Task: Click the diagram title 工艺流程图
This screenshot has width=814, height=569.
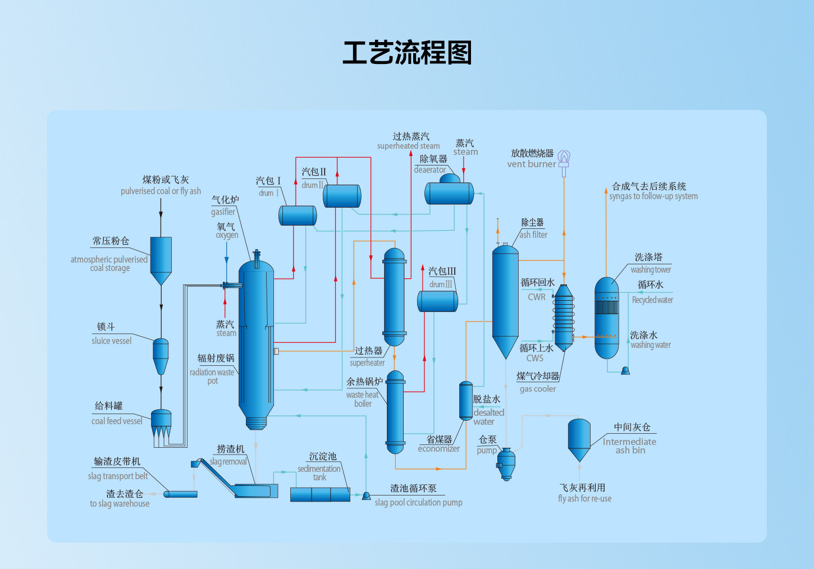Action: (x=407, y=53)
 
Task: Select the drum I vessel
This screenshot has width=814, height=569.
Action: (x=298, y=215)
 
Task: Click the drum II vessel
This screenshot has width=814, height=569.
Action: (x=342, y=196)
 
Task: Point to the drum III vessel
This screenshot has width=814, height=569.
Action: (x=437, y=301)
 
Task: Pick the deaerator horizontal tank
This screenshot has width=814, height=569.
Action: (x=449, y=193)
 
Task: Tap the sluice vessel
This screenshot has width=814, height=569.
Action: (x=161, y=355)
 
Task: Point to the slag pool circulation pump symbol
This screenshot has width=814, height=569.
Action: (x=366, y=495)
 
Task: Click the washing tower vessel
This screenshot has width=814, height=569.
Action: (x=606, y=317)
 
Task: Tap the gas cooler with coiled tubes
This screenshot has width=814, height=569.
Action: (x=564, y=317)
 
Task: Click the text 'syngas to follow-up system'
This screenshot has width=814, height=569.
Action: (x=653, y=196)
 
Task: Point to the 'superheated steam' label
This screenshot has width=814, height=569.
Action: (x=408, y=146)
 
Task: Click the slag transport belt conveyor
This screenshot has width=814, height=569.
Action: (x=181, y=494)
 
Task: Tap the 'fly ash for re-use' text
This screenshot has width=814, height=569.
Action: (x=584, y=498)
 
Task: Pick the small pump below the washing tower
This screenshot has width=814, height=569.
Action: (x=625, y=370)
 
